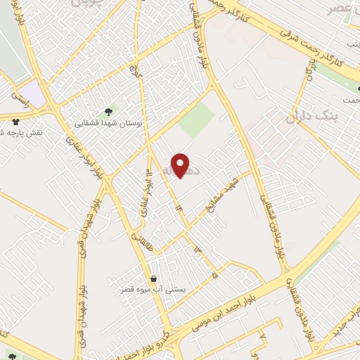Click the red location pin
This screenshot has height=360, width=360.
pyautogui.click(x=181, y=165)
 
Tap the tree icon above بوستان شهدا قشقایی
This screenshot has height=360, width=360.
pyautogui.click(x=108, y=110)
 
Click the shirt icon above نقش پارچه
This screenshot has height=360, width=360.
pyautogui.click(x=15, y=122)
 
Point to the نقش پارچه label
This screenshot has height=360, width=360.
pyautogui.click(x=21, y=133)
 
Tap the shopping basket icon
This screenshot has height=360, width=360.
pyautogui.click(x=153, y=278)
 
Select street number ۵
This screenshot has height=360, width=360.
pyautogui.click(x=214, y=276)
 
